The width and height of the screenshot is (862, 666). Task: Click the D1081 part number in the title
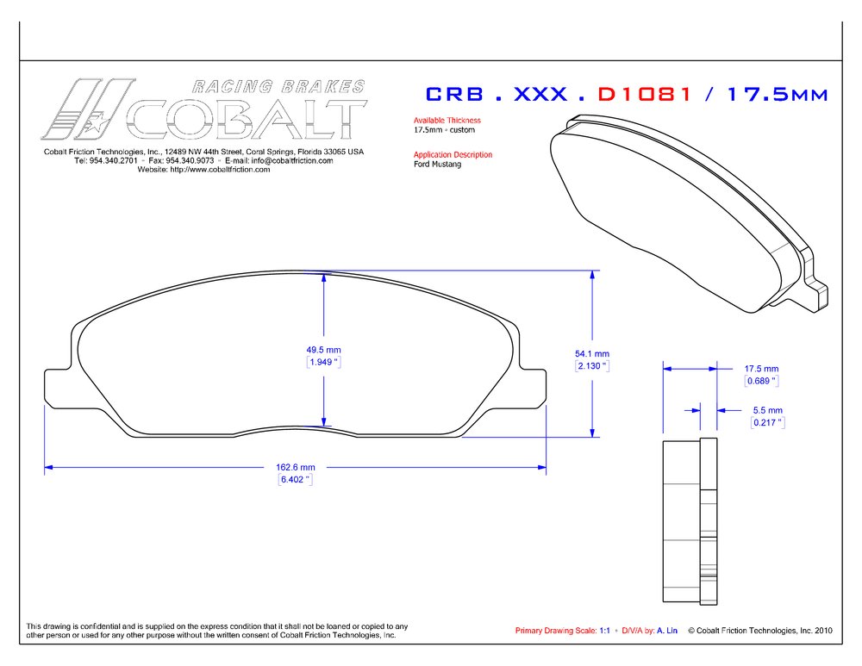click(645, 93)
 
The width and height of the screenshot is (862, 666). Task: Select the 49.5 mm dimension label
click(323, 350)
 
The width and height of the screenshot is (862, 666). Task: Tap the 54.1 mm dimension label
click(592, 353)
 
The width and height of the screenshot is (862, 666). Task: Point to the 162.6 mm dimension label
click(295, 467)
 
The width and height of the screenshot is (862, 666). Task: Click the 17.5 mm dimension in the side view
click(761, 368)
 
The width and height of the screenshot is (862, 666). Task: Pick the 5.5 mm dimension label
click(767, 410)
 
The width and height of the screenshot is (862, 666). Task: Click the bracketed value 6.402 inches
click(295, 479)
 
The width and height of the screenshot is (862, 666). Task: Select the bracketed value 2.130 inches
click(592, 365)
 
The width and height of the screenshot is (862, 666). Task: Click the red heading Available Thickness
click(447, 121)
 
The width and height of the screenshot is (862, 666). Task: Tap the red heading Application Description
click(453, 155)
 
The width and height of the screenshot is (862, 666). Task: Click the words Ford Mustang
click(437, 165)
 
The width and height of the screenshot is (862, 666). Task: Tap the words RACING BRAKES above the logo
click(278, 86)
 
